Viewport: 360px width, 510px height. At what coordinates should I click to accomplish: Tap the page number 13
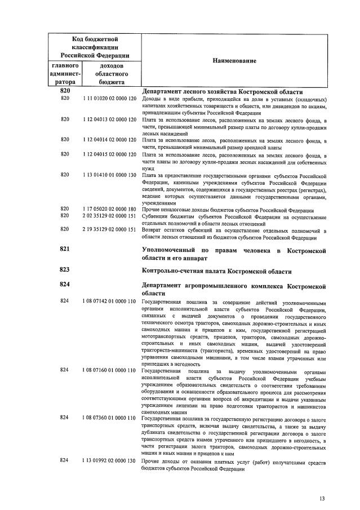click(x=322, y=498)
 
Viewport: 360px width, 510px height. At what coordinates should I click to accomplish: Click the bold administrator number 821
click(x=65, y=249)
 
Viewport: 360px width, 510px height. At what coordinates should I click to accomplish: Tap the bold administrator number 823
click(x=65, y=269)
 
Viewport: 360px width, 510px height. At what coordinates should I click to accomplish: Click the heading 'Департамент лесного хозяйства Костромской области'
click(x=223, y=91)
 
